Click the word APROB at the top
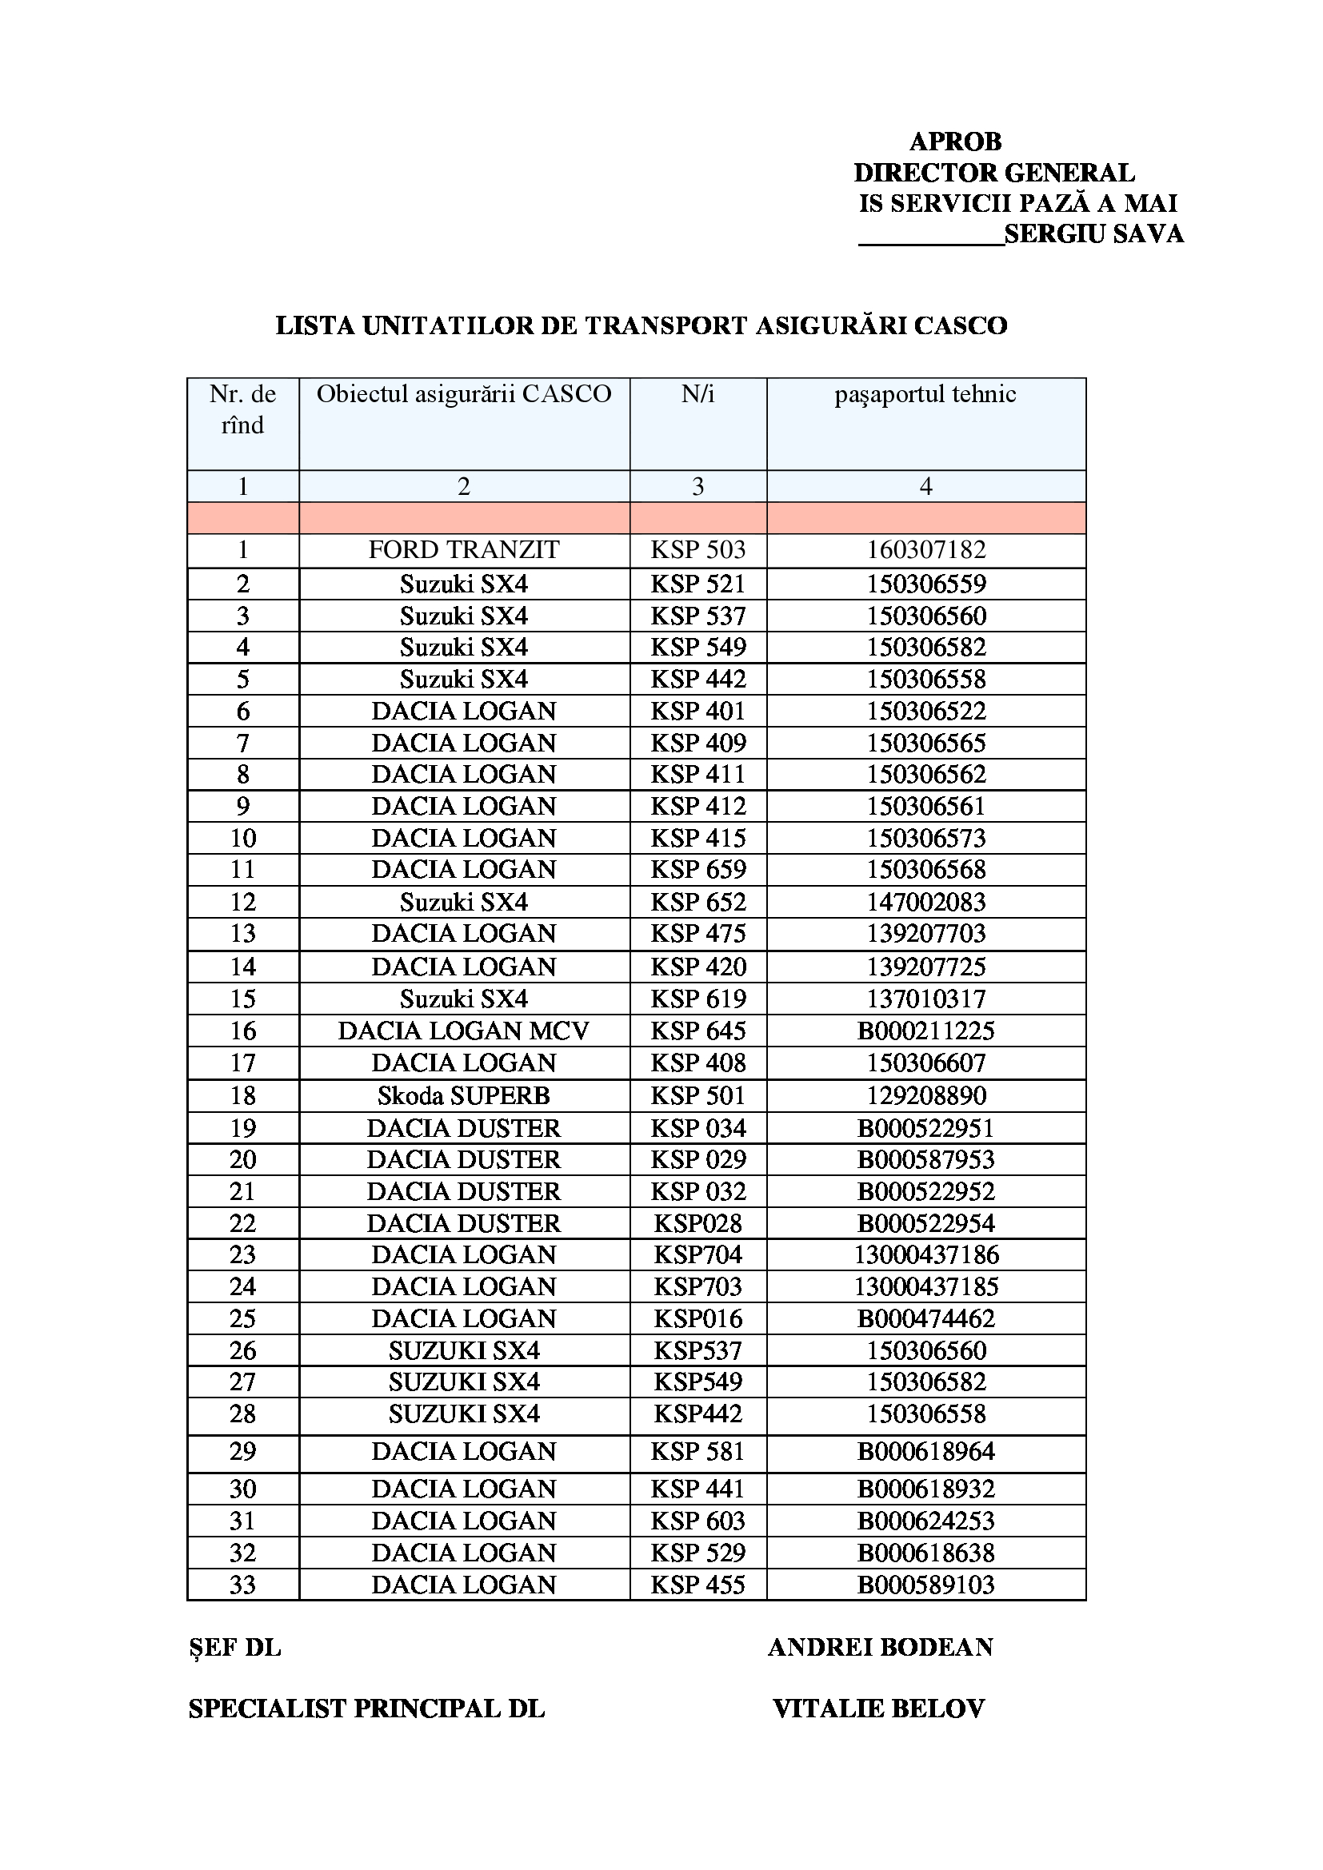point(955,142)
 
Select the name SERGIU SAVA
point(1093,234)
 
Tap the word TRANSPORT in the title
point(665,325)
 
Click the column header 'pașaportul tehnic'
point(925,394)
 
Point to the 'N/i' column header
point(697,394)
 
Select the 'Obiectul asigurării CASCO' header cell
point(464,394)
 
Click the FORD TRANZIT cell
point(464,550)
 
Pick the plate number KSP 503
point(698,550)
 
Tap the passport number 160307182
point(926,550)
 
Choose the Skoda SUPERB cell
point(464,1096)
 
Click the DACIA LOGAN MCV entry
point(464,1031)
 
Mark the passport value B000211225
point(926,1031)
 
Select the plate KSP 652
point(698,903)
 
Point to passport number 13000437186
point(926,1255)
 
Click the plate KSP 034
point(698,1129)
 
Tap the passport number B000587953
point(926,1160)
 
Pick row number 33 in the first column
point(243,1585)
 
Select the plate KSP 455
point(698,1585)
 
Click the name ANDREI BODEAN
point(881,1648)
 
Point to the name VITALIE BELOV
point(879,1709)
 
